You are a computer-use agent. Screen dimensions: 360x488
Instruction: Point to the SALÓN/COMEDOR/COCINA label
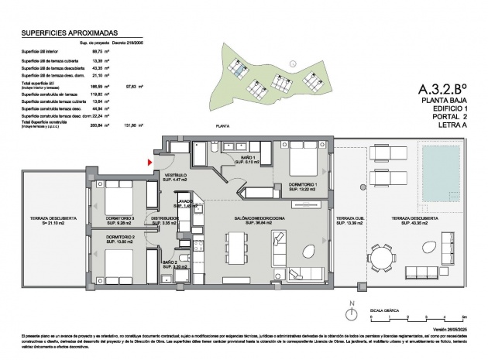[x=261, y=220]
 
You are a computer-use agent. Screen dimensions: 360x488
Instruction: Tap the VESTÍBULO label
[x=174, y=177]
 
